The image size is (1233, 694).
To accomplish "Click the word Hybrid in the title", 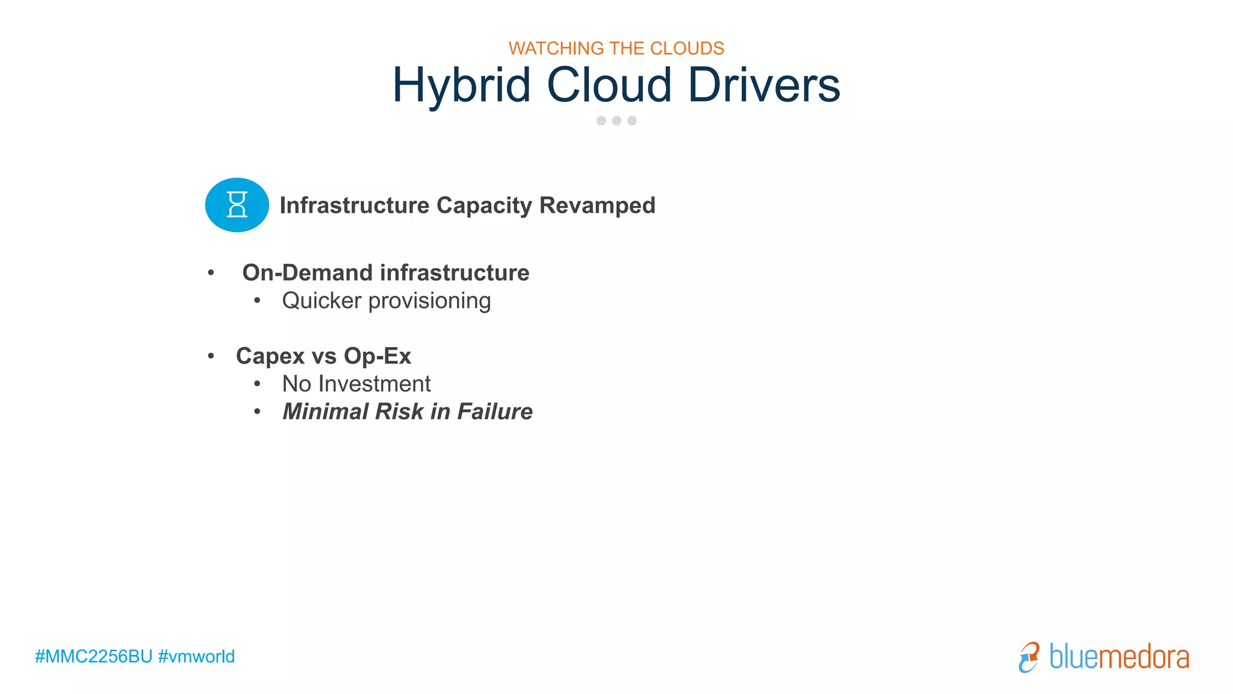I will click(x=461, y=86).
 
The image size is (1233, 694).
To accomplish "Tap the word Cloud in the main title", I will click(x=609, y=86).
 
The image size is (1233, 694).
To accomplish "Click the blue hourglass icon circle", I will click(x=237, y=205).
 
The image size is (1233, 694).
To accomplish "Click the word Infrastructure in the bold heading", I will click(x=354, y=205).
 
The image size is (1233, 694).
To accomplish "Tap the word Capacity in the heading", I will click(x=484, y=206).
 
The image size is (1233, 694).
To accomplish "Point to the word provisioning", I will click(x=429, y=301).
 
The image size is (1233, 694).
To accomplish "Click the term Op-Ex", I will click(x=377, y=356).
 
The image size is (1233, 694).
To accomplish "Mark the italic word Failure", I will click(x=495, y=411).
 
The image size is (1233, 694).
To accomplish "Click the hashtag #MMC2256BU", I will click(x=94, y=656).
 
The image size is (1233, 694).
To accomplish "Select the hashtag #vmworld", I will click(x=196, y=656).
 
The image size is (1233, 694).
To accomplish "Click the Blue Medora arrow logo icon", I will click(x=1029, y=657).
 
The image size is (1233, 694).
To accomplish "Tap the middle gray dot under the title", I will click(x=616, y=120).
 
